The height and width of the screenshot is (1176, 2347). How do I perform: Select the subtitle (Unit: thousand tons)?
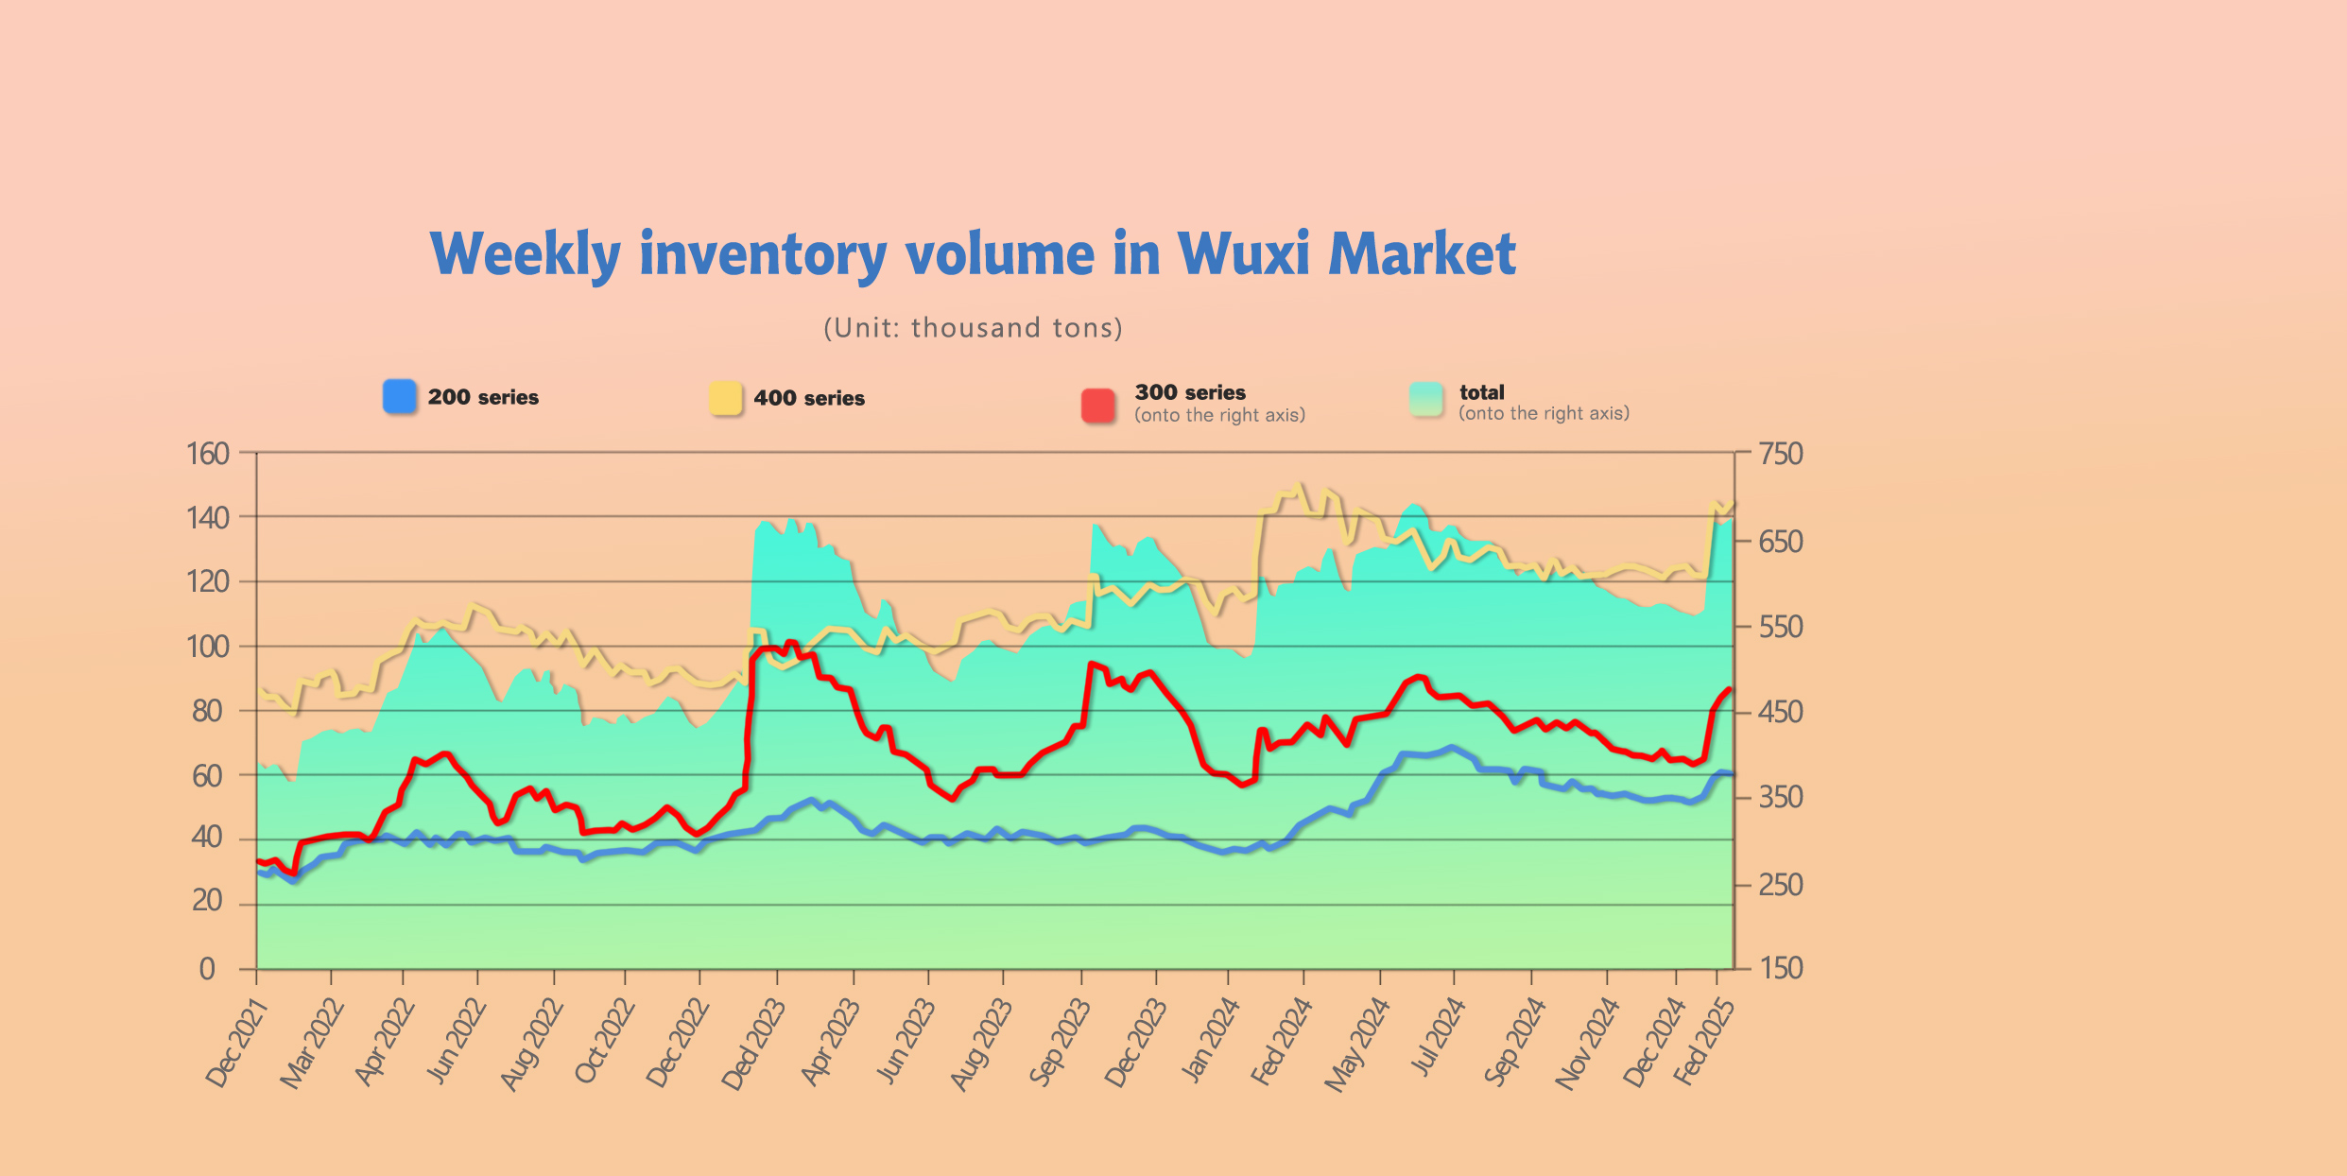point(973,328)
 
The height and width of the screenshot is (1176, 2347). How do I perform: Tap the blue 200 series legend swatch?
point(399,397)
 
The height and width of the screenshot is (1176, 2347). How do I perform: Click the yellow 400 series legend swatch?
point(725,398)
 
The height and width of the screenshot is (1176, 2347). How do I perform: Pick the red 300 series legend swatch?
point(1098,405)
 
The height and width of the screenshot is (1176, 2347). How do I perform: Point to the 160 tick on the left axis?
point(208,454)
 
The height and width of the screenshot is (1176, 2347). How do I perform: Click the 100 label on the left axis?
point(208,647)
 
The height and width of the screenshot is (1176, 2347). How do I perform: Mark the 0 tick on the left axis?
point(207,969)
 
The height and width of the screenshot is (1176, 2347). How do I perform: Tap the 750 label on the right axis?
point(1781,454)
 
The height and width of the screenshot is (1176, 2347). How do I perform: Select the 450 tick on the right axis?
point(1781,712)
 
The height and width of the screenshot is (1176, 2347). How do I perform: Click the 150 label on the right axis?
point(1781,968)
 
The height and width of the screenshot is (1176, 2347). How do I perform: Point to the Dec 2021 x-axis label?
point(236,1045)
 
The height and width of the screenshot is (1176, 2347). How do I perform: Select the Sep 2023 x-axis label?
point(1060,1044)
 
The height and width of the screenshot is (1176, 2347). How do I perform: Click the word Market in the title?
point(1422,254)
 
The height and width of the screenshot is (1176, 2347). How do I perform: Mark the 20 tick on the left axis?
point(207,901)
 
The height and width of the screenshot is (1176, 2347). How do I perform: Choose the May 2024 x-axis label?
point(1357,1045)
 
